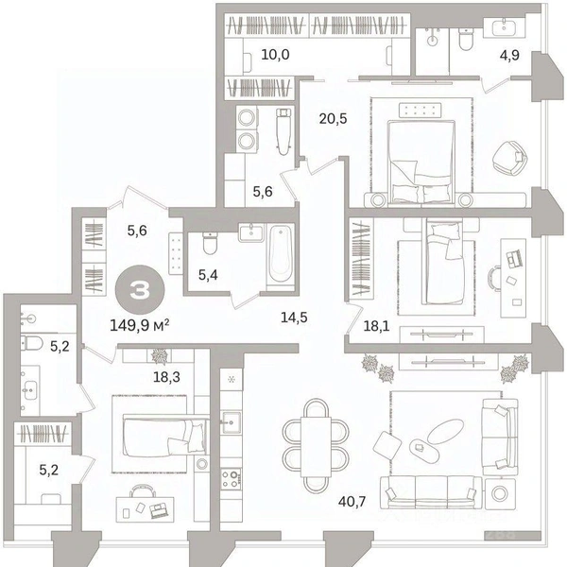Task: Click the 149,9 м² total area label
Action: [140, 325]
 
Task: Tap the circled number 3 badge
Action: [140, 290]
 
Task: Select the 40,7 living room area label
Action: [352, 501]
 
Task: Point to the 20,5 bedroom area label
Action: [333, 118]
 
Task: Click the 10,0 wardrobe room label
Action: [276, 55]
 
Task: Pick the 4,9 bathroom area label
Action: [509, 56]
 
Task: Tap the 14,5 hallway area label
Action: [294, 318]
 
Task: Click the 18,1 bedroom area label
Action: [376, 327]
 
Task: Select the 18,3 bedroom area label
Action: [166, 377]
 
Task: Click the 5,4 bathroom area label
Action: [208, 275]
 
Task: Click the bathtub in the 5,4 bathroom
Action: [281, 255]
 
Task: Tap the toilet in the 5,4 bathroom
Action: [210, 243]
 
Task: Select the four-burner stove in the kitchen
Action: [231, 479]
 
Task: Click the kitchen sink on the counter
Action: [232, 421]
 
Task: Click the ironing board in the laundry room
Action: [283, 131]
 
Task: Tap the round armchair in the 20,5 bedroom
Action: [510, 159]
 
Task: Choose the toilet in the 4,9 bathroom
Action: [465, 39]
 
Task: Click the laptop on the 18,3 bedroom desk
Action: [159, 510]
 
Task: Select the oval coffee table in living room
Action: [445, 431]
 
